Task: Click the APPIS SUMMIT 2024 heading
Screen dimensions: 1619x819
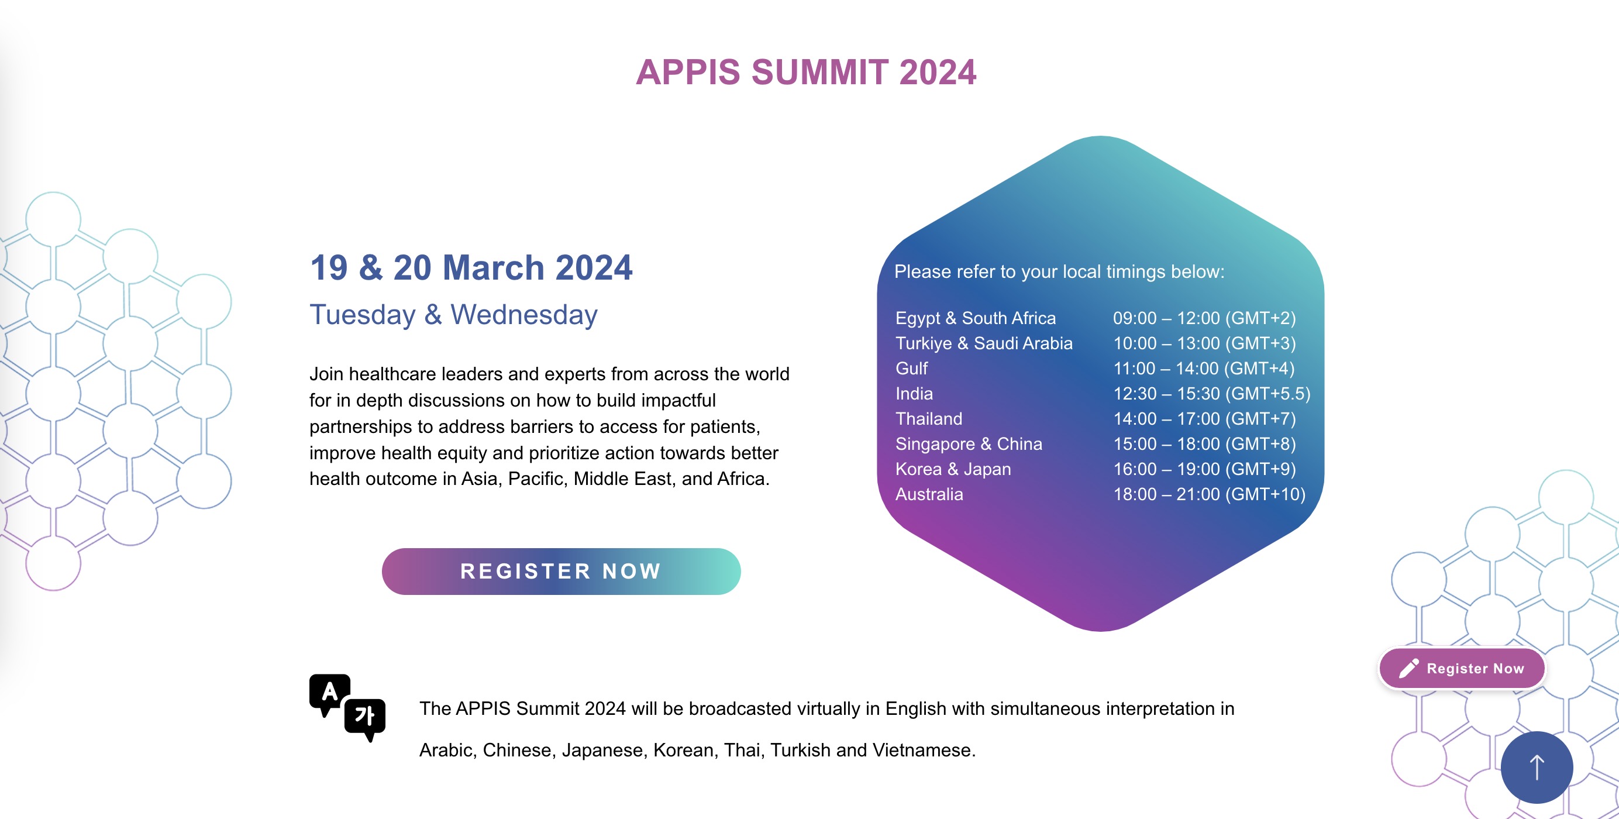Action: click(806, 73)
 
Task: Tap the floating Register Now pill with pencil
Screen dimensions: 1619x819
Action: click(1462, 668)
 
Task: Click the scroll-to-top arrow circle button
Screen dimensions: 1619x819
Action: click(1537, 767)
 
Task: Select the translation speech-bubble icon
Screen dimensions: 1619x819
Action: click(347, 708)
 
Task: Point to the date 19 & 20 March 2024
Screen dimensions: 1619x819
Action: click(471, 268)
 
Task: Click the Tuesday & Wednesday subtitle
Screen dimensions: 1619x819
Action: click(453, 314)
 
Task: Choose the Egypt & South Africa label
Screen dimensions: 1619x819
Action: click(976, 318)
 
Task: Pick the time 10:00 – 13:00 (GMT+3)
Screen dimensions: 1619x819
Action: click(1204, 343)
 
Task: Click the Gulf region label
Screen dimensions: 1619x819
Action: click(911, 369)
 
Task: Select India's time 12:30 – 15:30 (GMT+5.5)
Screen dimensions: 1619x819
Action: click(1212, 394)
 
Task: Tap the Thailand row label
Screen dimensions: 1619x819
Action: click(928, 419)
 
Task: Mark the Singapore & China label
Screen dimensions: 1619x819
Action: click(969, 444)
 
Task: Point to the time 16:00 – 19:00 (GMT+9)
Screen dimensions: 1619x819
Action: click(1204, 469)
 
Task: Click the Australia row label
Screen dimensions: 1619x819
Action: click(929, 494)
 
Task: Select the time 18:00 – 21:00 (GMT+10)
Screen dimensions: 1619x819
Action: click(1209, 494)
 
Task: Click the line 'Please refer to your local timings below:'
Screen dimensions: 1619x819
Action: click(1059, 271)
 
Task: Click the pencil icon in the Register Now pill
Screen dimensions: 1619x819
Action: click(1408, 668)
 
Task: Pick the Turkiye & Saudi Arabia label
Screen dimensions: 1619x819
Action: click(984, 343)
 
